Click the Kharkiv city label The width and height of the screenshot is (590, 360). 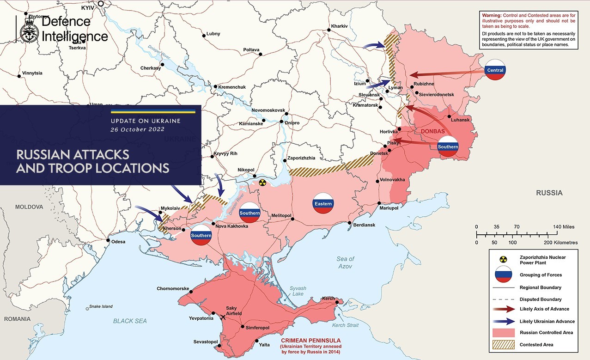coord(339,26)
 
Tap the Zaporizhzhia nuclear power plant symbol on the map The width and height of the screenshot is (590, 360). coord(262,183)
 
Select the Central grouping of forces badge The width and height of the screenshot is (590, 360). coord(495,70)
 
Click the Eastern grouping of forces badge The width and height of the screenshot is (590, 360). coord(323,203)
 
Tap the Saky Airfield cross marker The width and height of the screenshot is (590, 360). coord(223,317)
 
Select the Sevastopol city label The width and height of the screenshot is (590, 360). coord(206,342)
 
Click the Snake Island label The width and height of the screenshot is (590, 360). coord(101,306)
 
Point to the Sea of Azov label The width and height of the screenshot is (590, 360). coord(345,262)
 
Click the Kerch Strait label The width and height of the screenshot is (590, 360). coord(345,325)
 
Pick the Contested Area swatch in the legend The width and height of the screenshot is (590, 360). coord(504,345)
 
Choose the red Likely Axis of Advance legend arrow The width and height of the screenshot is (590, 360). coord(504,309)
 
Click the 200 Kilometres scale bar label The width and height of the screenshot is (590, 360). coord(561,243)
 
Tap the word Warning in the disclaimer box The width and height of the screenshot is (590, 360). coord(493,15)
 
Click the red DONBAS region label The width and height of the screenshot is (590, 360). coord(433,131)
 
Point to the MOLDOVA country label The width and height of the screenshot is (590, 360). coord(29,207)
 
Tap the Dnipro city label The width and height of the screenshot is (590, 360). coord(292,123)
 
